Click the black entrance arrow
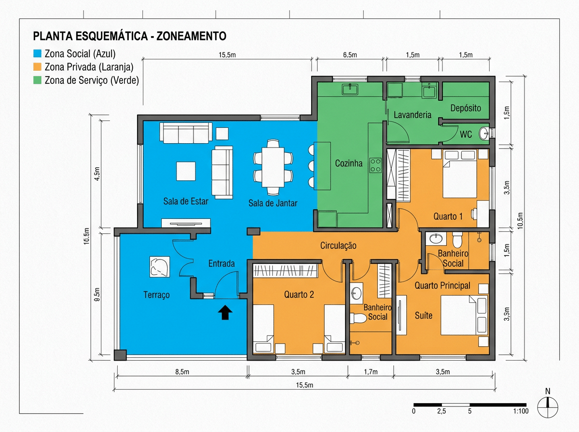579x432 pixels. pos(225,312)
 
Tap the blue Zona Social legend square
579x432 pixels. pos(37,54)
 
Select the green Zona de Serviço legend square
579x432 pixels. pos(37,80)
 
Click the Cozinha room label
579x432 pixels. pos(349,163)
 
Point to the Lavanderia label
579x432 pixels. pos(413,115)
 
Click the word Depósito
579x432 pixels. pos(466,108)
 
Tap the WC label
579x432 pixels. pos(466,135)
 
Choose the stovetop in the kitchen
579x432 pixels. pos(375,165)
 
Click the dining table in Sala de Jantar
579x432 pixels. pos(273,167)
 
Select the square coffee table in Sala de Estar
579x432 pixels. pos(186,171)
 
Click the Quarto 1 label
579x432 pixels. pos(448,216)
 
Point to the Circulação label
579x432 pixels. pos(338,246)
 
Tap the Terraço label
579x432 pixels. pos(156,295)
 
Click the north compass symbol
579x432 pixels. pos(548,407)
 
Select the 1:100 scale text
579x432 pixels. pos(521,411)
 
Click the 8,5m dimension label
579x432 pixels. pos(182,372)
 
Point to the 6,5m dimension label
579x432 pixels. pos(350,55)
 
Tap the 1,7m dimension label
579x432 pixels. pos(371,372)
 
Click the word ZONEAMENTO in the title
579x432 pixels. pos(192,36)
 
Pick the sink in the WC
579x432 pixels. pos(484,134)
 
